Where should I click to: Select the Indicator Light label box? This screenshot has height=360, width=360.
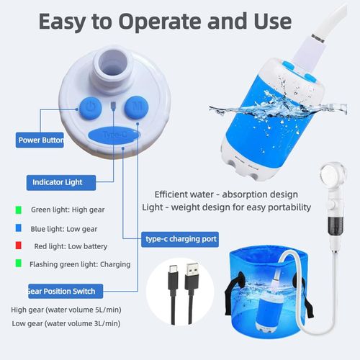pyautogui.click(x=60, y=182)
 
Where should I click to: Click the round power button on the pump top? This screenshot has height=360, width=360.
pyautogui.click(x=89, y=108)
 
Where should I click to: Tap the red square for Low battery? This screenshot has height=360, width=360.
pyautogui.click(x=17, y=246)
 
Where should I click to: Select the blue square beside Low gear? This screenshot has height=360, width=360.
pyautogui.click(x=17, y=228)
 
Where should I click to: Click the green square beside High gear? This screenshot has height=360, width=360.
pyautogui.click(x=17, y=210)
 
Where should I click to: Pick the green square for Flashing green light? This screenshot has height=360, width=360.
pyautogui.click(x=17, y=264)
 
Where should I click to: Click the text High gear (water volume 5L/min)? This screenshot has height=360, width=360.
pyautogui.click(x=66, y=310)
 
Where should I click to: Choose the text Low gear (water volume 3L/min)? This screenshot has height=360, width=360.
pyautogui.click(x=66, y=323)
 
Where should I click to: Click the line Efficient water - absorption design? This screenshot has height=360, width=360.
pyautogui.click(x=225, y=194)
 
